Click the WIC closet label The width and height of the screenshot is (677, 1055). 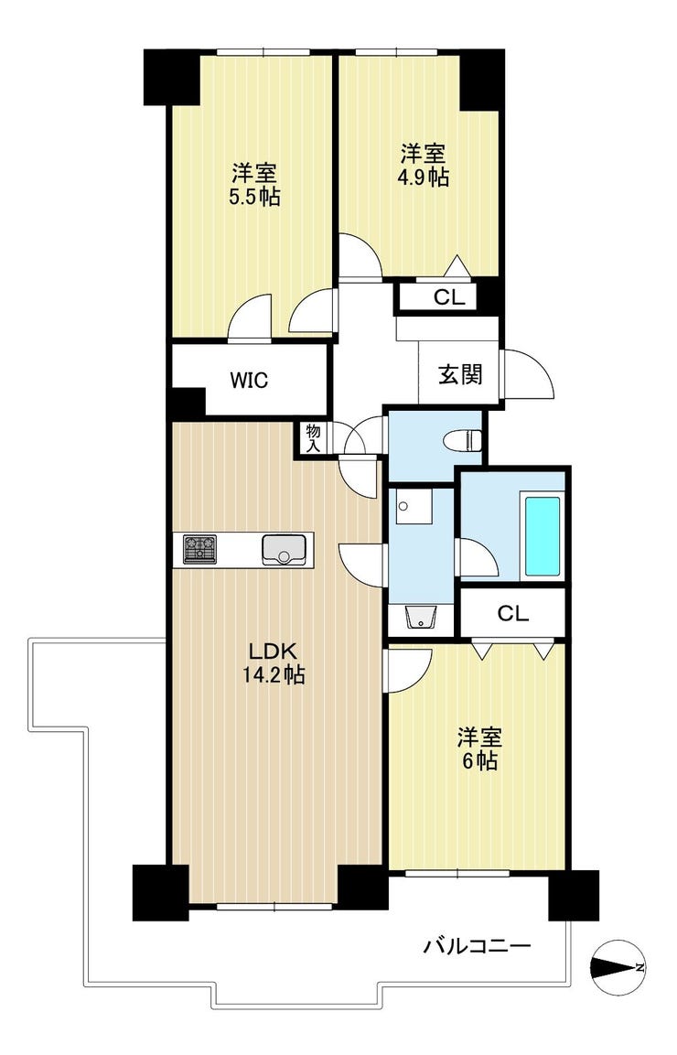click(249, 380)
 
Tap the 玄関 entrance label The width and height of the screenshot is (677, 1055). click(461, 374)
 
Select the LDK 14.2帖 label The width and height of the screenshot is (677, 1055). click(274, 662)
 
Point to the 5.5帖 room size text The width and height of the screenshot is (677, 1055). click(255, 198)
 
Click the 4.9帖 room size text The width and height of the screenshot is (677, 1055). click(424, 178)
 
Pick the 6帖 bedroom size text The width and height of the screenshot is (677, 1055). click(480, 761)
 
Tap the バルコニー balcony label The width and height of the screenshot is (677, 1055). click(478, 947)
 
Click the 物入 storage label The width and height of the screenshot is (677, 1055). click(312, 438)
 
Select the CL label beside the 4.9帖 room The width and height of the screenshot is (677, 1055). click(449, 297)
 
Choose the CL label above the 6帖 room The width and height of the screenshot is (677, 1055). click(513, 613)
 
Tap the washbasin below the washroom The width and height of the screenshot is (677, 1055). click(422, 617)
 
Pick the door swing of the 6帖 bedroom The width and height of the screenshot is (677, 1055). click(407, 671)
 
